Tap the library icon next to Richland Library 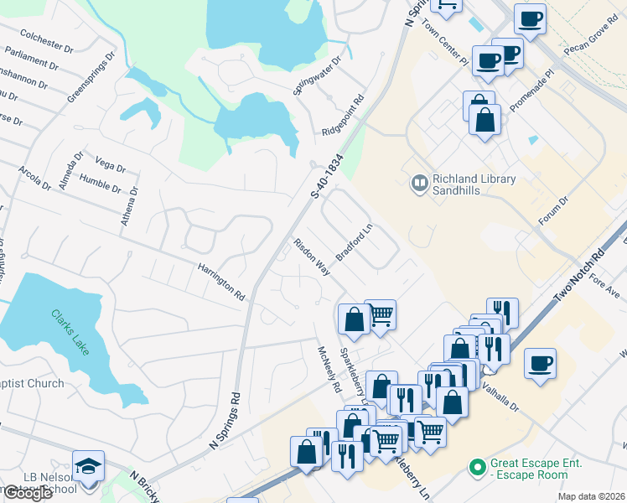coord(418,181)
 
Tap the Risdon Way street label coord(310,256)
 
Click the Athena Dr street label coord(128,205)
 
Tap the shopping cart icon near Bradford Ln coord(381,315)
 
